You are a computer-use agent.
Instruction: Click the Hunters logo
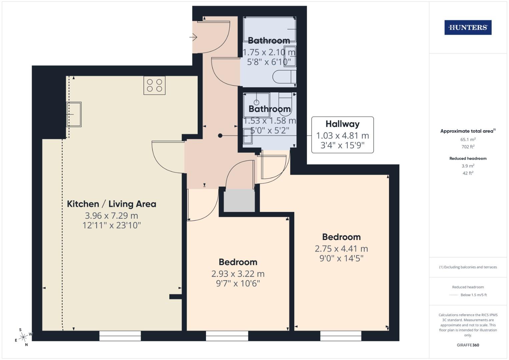click(x=468, y=28)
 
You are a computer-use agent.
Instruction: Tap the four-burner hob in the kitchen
click(x=154, y=85)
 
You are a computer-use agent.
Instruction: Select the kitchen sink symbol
click(x=74, y=114)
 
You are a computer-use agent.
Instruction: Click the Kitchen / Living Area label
click(x=111, y=204)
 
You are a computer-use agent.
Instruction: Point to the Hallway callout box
click(x=342, y=135)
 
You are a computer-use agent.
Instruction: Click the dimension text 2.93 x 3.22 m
click(x=238, y=274)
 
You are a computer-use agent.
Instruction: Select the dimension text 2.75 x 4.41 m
click(x=341, y=249)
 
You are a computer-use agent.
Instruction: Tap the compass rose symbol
click(x=23, y=337)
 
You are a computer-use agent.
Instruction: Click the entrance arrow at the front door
click(x=193, y=37)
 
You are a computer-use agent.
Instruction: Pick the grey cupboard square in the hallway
click(x=239, y=201)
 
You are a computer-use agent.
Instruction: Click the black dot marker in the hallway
click(x=220, y=135)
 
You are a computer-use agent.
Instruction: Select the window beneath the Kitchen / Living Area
click(x=120, y=336)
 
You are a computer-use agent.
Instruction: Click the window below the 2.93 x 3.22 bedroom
click(x=227, y=336)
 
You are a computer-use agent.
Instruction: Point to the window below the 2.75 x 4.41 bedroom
click(x=341, y=336)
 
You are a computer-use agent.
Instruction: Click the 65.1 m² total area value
click(x=468, y=140)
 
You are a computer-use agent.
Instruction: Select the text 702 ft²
click(x=468, y=147)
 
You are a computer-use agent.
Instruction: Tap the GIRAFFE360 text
click(x=468, y=345)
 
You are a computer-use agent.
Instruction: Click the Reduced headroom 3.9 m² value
click(x=468, y=166)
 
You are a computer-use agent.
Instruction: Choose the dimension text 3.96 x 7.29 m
click(x=111, y=216)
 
